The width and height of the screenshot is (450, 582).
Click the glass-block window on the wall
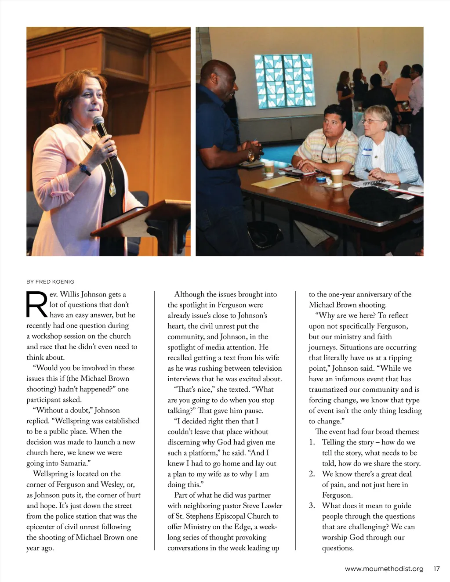coord(285,81)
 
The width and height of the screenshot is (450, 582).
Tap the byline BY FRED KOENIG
coord(50,282)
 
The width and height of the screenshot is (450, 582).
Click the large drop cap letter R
coord(37,304)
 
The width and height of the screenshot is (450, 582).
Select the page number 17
coord(436,569)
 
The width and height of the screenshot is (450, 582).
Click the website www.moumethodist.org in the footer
coord(384,569)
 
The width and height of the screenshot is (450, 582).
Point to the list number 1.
coord(312,442)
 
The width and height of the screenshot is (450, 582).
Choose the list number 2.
coord(312,474)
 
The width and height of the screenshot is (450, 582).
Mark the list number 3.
coord(312,506)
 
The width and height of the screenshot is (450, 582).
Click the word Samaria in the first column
coord(73,463)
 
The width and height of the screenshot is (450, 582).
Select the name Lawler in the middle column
coord(272,506)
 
